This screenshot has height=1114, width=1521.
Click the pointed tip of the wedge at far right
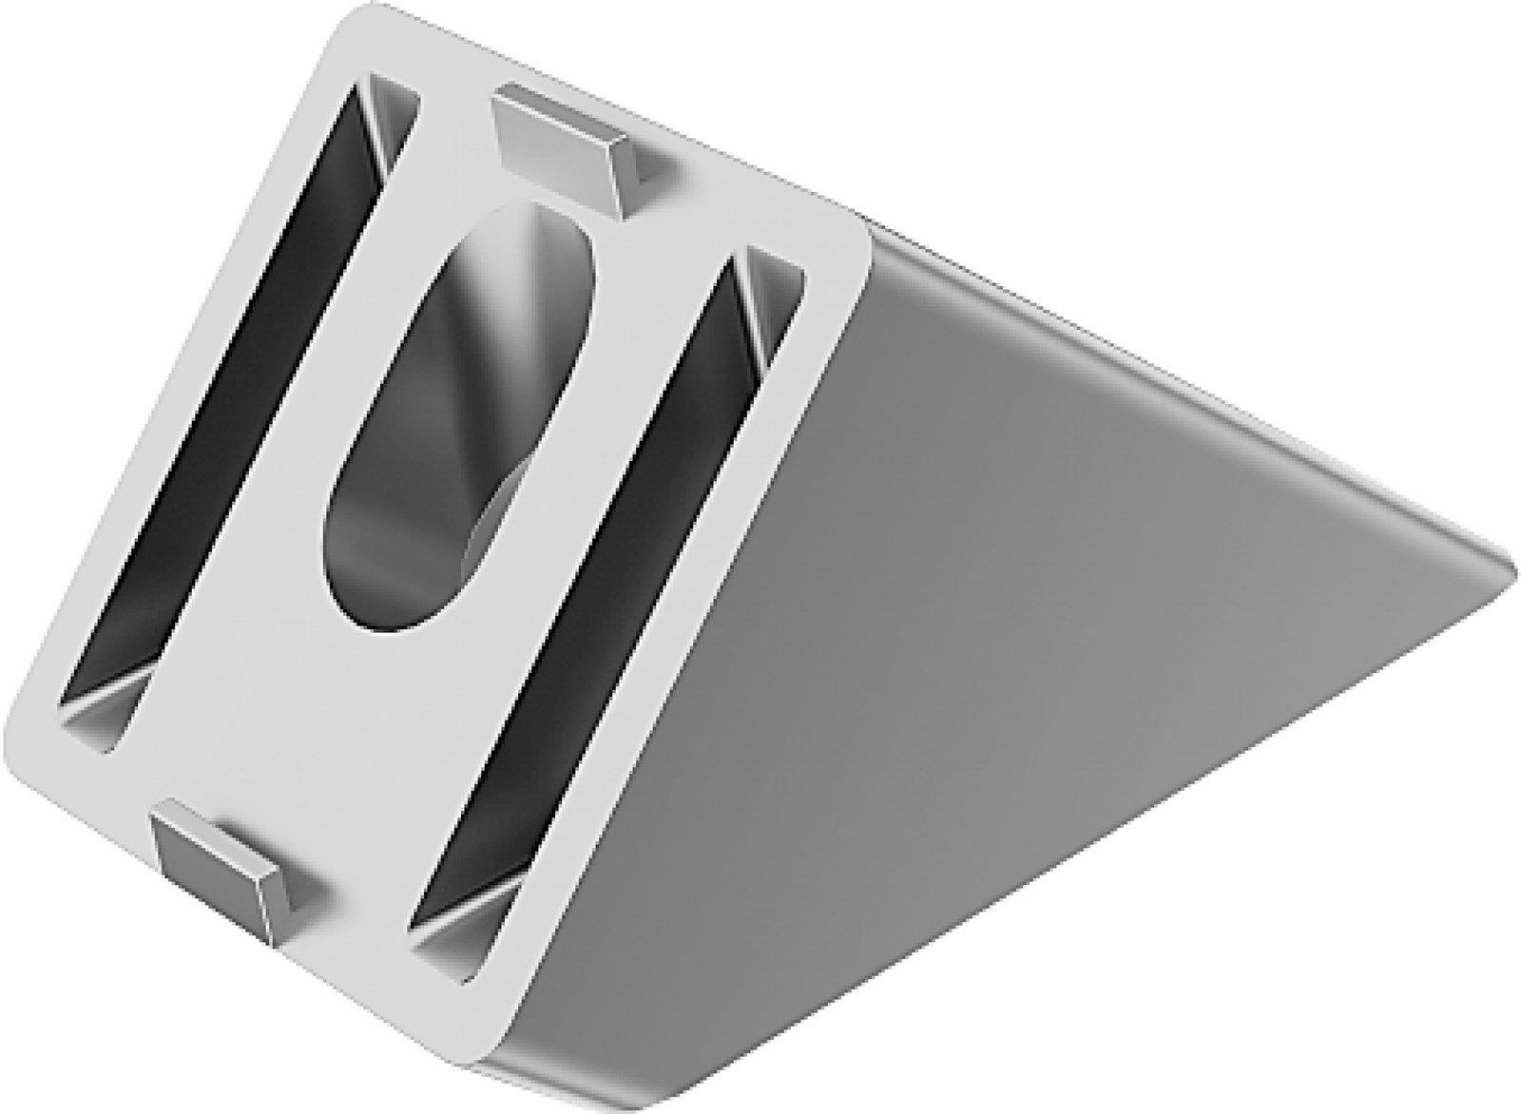click(x=1507, y=561)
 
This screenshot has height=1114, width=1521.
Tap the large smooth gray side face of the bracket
click(x=998, y=608)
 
